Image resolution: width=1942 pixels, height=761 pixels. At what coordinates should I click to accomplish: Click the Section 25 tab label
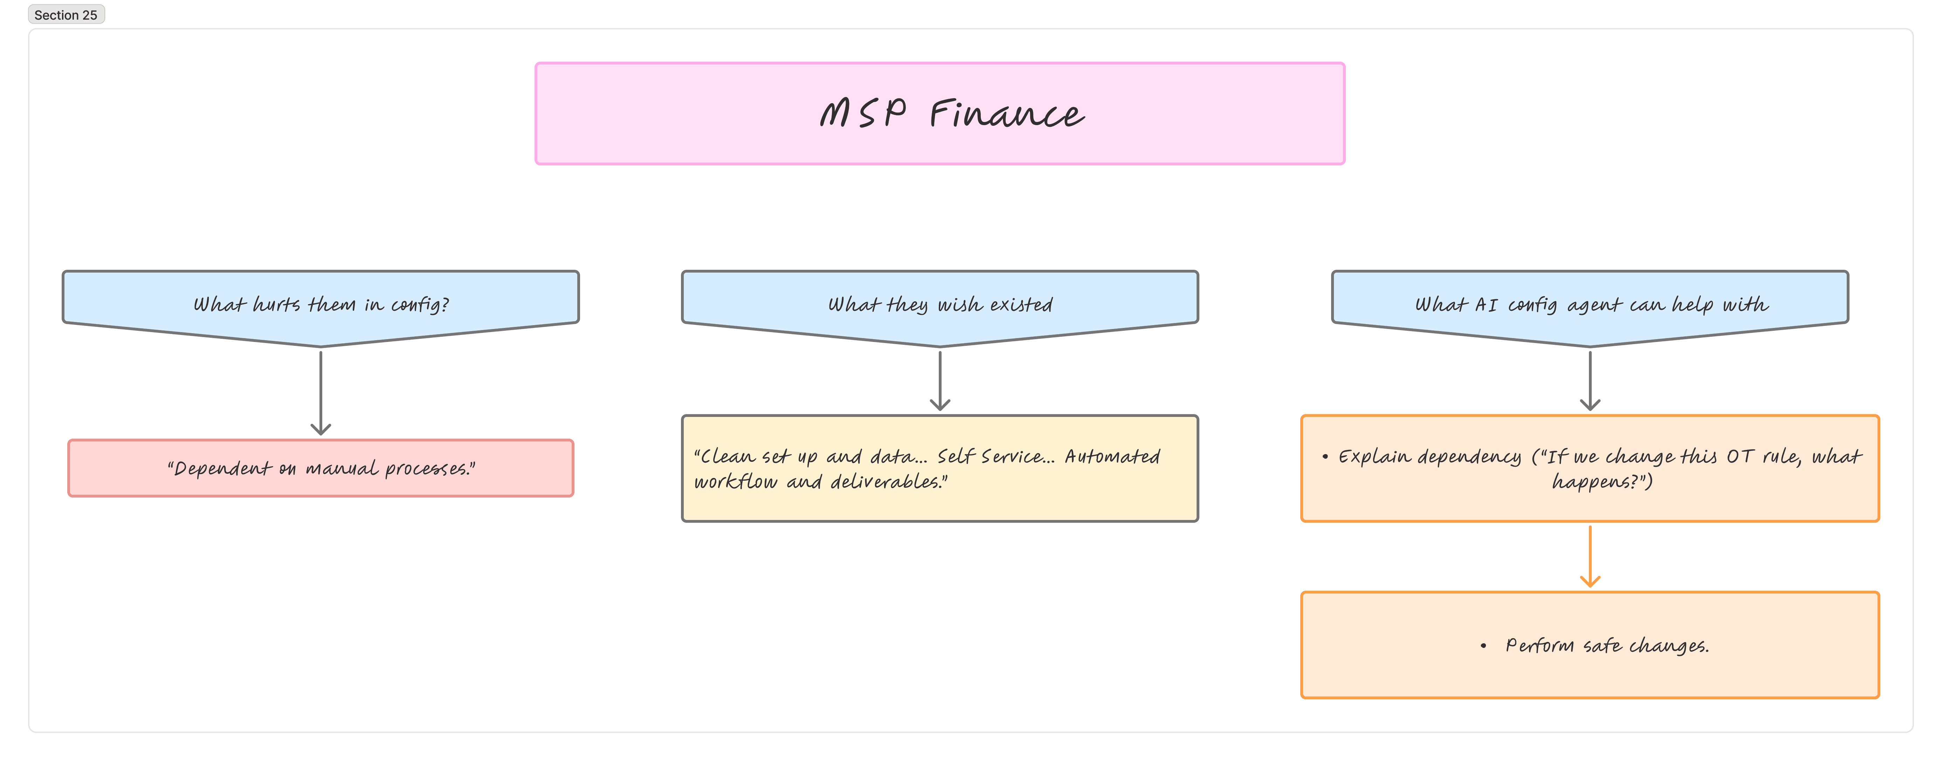66,15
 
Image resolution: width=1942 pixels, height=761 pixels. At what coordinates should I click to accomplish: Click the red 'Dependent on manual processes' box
321,468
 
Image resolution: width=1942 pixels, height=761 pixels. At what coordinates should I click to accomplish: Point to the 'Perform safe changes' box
1590,645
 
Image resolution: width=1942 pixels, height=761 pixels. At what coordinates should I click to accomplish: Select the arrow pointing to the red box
321,392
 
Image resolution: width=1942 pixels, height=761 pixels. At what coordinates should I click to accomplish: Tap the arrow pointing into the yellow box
939,381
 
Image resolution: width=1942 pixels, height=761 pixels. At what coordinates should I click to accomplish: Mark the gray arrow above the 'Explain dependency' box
1590,381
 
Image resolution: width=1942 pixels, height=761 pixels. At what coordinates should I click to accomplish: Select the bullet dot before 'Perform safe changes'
1483,646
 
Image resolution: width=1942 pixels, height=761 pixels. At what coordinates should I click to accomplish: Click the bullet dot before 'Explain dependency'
1324,456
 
